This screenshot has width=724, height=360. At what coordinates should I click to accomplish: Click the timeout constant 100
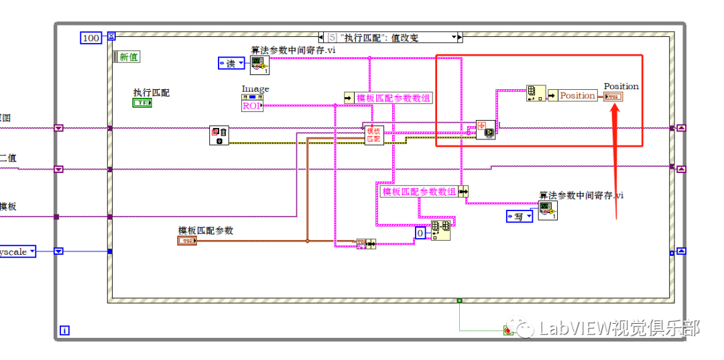(x=90, y=38)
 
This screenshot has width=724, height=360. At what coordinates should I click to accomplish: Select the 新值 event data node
(x=127, y=57)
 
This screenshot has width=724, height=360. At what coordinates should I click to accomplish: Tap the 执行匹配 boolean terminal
(x=142, y=103)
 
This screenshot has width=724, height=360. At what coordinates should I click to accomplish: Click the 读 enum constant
(x=232, y=63)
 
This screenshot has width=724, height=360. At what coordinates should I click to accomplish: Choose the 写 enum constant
(x=520, y=217)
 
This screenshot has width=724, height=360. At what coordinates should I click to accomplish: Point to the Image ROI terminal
(x=252, y=102)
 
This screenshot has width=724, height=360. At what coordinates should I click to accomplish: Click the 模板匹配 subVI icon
(x=374, y=135)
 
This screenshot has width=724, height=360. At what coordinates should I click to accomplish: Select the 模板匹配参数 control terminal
(x=187, y=241)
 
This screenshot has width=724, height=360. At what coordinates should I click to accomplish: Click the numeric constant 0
(x=420, y=233)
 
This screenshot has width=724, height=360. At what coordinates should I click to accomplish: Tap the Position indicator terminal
(x=613, y=97)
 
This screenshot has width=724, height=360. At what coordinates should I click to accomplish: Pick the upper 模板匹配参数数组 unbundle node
(x=388, y=98)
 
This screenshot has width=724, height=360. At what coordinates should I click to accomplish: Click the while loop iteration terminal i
(x=64, y=330)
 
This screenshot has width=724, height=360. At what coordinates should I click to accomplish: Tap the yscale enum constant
(x=17, y=251)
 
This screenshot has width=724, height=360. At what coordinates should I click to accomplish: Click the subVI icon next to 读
(x=259, y=65)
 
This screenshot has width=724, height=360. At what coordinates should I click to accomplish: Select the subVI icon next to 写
(x=548, y=211)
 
